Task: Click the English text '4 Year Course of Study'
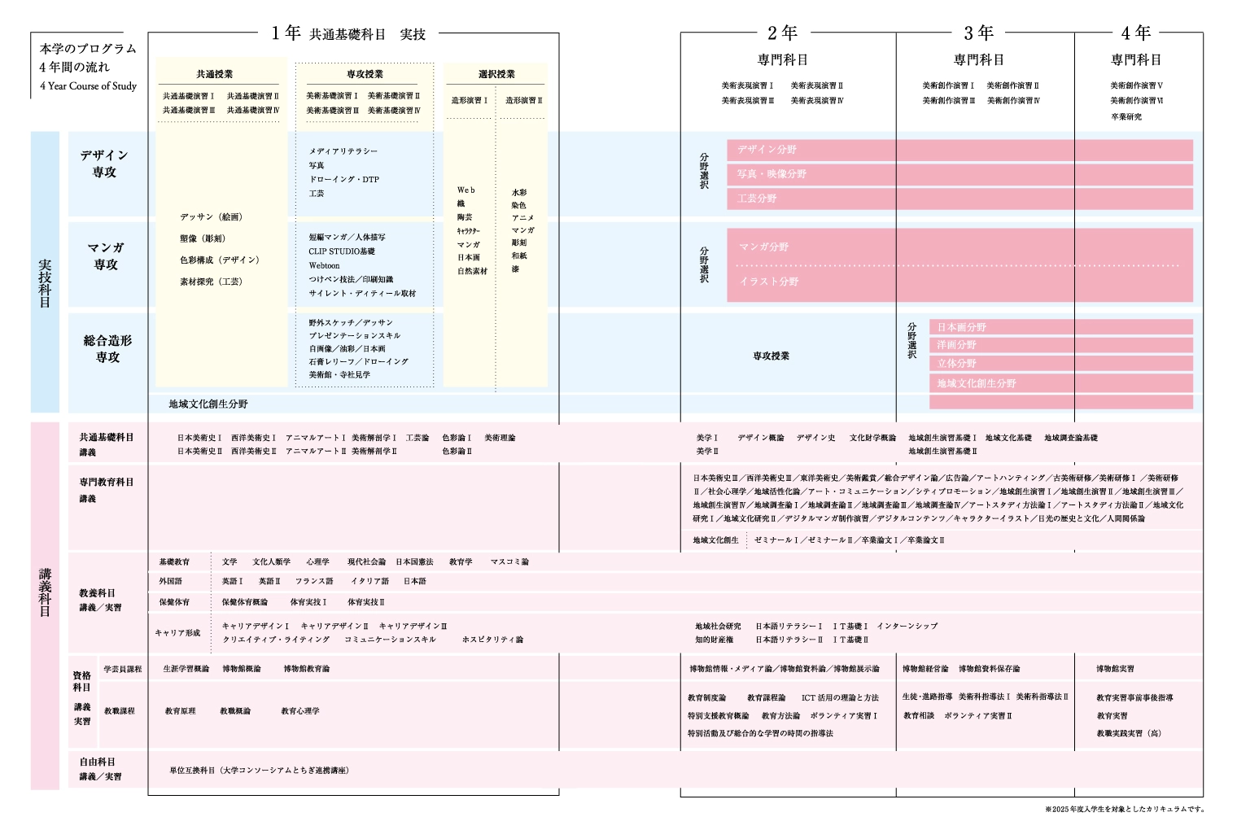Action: point(88,86)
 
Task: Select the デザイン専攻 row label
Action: point(104,164)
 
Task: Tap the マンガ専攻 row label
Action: point(106,256)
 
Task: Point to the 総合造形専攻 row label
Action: point(107,348)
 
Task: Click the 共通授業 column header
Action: point(215,74)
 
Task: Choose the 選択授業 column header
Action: point(496,74)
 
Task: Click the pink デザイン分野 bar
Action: point(959,150)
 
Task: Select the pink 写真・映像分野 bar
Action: point(959,174)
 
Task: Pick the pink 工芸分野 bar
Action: point(959,199)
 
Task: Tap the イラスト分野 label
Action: point(769,282)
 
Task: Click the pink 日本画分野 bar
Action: point(1060,327)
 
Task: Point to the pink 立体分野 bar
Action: point(1060,364)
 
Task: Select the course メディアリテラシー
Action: point(343,151)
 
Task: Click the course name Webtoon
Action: point(324,265)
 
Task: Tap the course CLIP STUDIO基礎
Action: point(342,251)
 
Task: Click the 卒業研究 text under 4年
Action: point(1126,117)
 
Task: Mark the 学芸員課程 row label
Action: point(123,669)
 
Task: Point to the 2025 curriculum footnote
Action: point(1125,810)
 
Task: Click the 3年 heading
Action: point(978,33)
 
